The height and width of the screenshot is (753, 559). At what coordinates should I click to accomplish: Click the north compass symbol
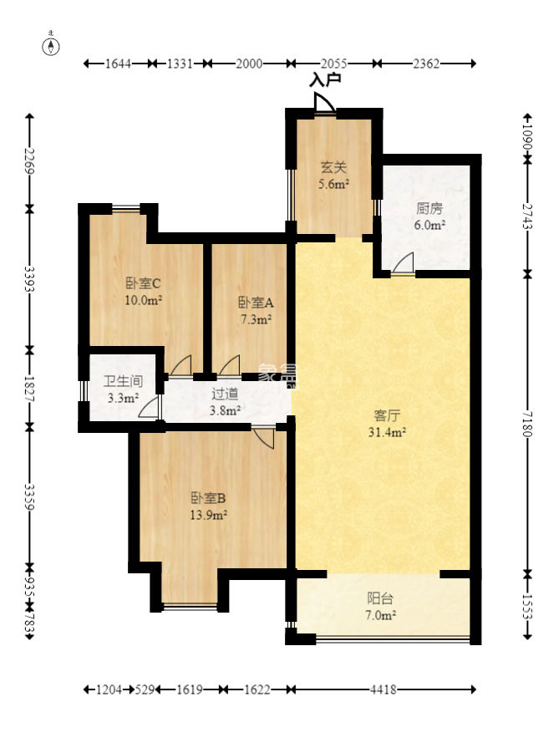coord(51,46)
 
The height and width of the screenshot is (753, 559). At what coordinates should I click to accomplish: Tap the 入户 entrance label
coord(325,79)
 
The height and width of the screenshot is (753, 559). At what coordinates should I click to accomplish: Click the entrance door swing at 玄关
coord(325,102)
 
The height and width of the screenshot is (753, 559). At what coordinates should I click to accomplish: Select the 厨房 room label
coord(429,208)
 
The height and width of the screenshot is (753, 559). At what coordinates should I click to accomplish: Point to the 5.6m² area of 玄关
coord(333,184)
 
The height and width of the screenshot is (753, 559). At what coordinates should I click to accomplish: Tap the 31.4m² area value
coord(387,432)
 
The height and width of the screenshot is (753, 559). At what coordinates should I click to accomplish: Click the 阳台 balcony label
coord(380,598)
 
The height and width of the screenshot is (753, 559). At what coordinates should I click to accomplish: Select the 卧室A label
coord(256,303)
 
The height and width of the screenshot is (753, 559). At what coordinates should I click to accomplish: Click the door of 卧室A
coord(230,365)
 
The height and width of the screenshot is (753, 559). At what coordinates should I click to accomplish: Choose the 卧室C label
coord(143,283)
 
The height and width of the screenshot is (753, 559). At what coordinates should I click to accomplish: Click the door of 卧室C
coord(181,365)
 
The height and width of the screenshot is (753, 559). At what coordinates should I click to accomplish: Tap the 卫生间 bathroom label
coord(124,382)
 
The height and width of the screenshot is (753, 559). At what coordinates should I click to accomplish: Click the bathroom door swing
coord(149,407)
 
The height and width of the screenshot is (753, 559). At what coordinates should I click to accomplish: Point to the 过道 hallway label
coord(225,394)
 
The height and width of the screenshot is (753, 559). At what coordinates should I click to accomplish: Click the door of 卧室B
coord(264,437)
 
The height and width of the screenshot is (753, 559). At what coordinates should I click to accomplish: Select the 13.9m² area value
coord(208,516)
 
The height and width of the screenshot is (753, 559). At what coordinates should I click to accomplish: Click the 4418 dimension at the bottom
coord(383,689)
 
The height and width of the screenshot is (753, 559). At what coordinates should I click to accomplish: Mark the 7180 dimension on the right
coord(527,424)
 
